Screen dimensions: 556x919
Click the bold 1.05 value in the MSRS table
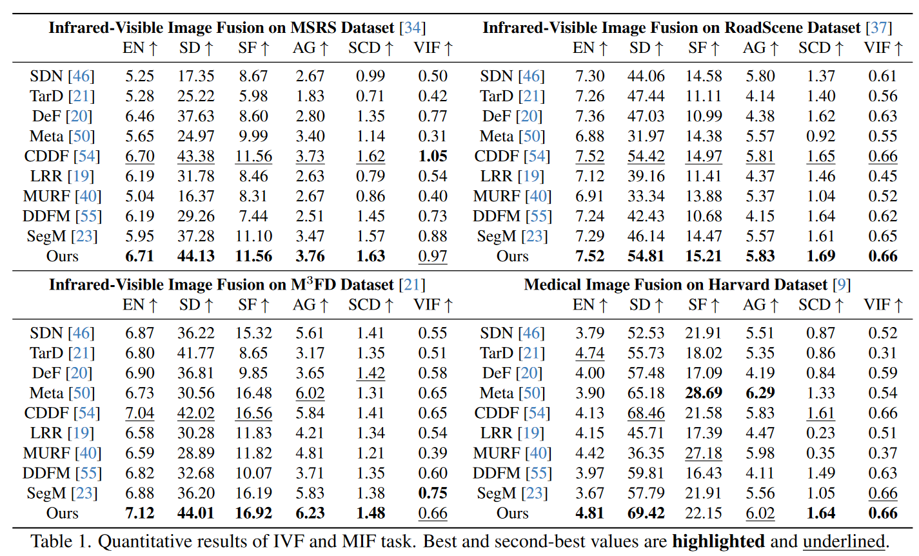(432, 156)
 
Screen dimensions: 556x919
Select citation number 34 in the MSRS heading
(412, 28)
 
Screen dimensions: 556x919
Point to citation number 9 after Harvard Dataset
(841, 284)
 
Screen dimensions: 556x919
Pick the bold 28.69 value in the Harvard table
(703, 393)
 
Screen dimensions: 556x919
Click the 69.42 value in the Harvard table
(646, 513)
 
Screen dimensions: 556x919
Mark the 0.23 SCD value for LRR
(820, 433)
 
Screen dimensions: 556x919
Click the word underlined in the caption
(844, 541)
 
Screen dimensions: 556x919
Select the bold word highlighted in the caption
(718, 541)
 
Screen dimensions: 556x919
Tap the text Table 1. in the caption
(61, 541)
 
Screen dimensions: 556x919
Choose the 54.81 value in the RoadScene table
(646, 256)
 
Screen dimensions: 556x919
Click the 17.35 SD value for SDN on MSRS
(196, 76)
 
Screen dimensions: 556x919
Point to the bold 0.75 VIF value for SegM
(432, 493)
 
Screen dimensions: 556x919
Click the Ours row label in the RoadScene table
(513, 256)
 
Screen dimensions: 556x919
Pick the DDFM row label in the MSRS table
(46, 216)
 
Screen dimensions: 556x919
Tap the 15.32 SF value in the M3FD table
(253, 333)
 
